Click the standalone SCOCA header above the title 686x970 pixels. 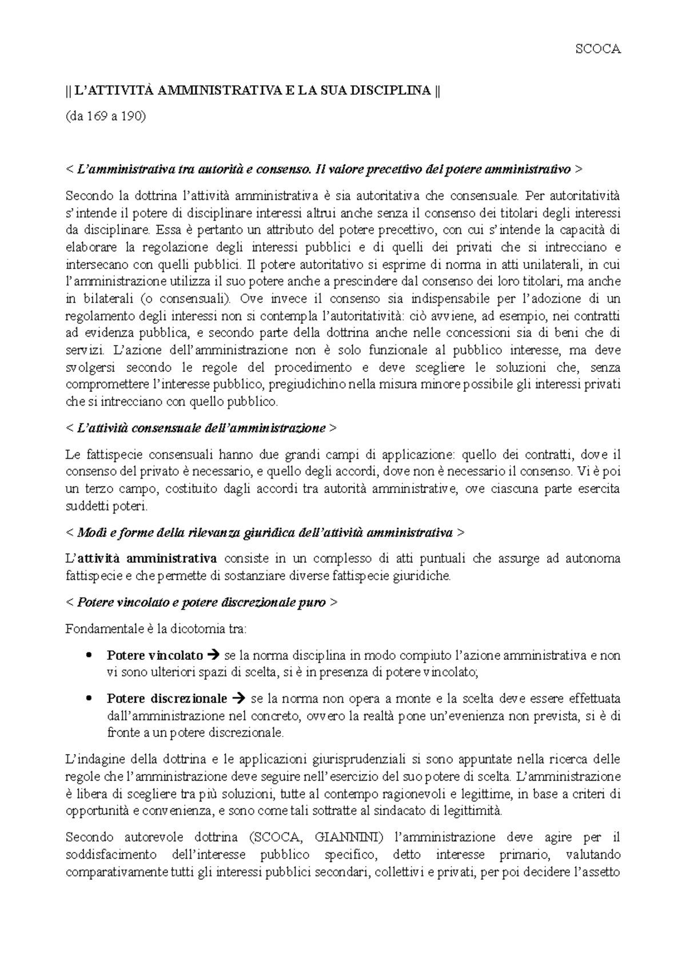pos(597,49)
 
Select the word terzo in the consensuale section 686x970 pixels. pos(98,489)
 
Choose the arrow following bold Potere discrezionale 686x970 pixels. pos(239,699)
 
